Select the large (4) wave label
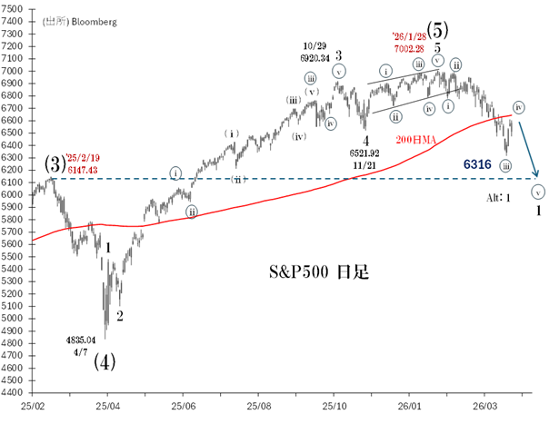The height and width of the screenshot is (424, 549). pyautogui.click(x=105, y=360)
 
